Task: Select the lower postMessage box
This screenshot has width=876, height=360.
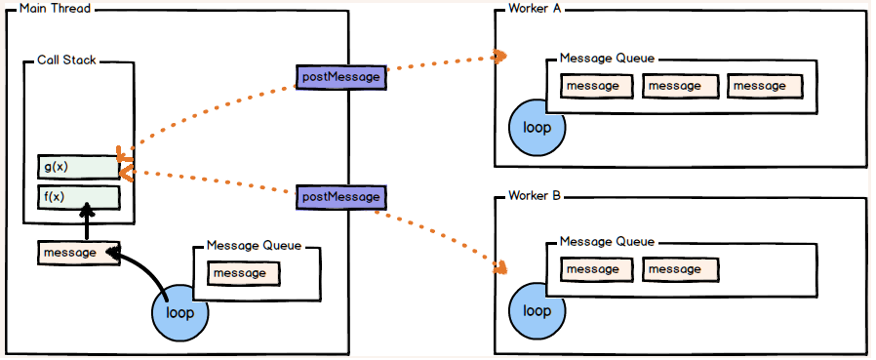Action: pos(339,197)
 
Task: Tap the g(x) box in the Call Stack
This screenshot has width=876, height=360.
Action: pos(78,167)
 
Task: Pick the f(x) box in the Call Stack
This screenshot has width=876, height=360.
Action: pos(78,197)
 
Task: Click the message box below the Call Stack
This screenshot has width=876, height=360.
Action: pos(78,252)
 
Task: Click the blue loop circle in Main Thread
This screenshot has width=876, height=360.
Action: pos(180,312)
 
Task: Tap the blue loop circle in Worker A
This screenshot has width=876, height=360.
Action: pos(538,128)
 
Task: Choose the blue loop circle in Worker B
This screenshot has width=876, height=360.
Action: pos(538,310)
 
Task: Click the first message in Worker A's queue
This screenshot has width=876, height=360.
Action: pos(597,86)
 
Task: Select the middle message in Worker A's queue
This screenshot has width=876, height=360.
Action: pos(679,86)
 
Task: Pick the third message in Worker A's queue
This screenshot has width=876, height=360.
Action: pos(763,86)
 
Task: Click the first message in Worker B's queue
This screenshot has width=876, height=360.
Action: pos(597,268)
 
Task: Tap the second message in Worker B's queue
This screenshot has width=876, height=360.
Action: pos(679,268)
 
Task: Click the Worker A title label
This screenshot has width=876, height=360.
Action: pos(535,9)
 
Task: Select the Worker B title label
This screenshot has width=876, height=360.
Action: pos(535,196)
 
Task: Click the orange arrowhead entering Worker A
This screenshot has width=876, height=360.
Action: pos(499,56)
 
